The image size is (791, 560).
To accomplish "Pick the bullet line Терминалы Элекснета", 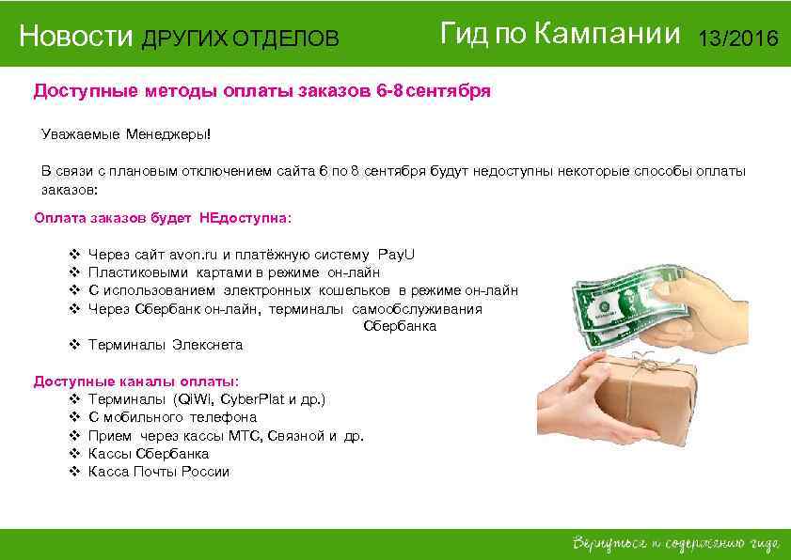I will click(x=165, y=345).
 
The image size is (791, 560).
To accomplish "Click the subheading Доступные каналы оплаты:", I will click(x=136, y=381).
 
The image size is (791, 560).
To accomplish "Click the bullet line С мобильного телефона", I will click(x=172, y=417).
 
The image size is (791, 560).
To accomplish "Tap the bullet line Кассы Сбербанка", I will click(x=148, y=454).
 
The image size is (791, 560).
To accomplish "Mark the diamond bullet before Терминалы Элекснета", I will click(x=74, y=345).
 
